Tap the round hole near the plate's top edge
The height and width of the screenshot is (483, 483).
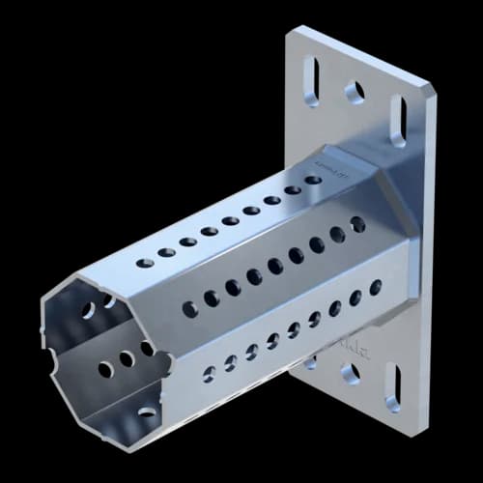coord(355,92)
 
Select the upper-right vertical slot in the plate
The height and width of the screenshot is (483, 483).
coord(397,120)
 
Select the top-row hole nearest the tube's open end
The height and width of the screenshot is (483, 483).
coord(145,262)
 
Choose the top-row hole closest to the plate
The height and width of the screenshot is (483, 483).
coord(313,180)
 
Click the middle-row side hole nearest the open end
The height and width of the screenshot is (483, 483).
coord(189,309)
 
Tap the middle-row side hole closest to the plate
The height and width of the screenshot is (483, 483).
coord(357,224)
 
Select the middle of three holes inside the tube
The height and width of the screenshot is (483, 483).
coord(126,358)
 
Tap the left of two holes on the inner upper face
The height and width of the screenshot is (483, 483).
coord(89,312)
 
